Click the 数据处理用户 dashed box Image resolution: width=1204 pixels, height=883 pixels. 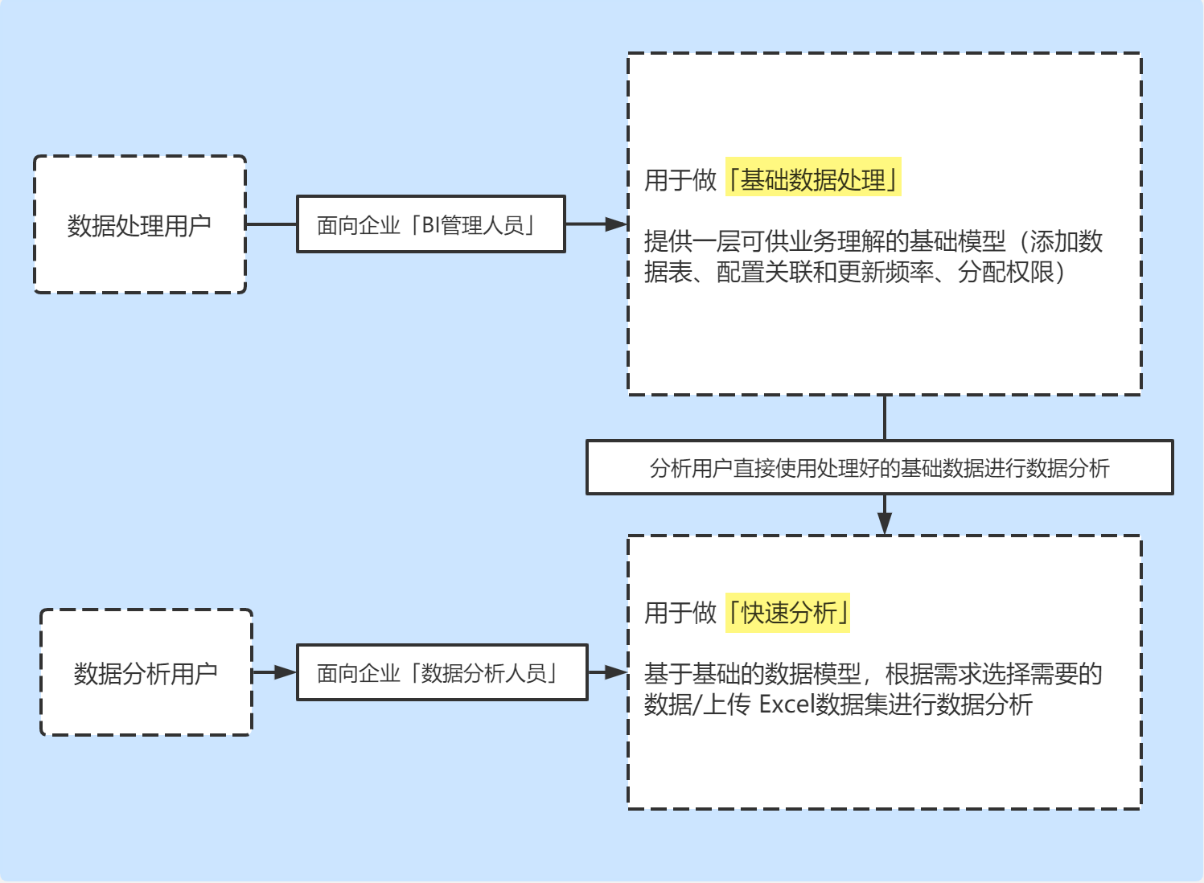140,224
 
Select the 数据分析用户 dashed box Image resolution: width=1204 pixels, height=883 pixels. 146,672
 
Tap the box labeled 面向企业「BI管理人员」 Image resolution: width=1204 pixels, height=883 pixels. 430,224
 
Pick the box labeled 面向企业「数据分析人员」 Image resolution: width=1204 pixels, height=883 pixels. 442,672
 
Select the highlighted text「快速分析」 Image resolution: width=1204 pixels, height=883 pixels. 788,613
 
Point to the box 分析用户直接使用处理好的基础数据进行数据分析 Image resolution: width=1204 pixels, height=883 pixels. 879,467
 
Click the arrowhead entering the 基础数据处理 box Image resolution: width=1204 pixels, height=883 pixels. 616,224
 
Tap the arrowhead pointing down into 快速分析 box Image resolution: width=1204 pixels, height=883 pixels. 885,524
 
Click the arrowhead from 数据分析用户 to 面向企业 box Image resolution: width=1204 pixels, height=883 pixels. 285,672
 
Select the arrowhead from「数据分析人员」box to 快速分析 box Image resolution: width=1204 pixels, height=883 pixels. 616,672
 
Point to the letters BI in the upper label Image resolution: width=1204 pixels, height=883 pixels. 431,225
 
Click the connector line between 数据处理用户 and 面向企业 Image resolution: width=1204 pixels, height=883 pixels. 271,224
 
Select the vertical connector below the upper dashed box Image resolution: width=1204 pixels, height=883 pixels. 885,417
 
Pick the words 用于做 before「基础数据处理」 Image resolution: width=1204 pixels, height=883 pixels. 680,179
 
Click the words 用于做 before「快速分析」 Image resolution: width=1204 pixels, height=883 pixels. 680,613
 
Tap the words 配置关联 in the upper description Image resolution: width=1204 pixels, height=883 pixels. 764,273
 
